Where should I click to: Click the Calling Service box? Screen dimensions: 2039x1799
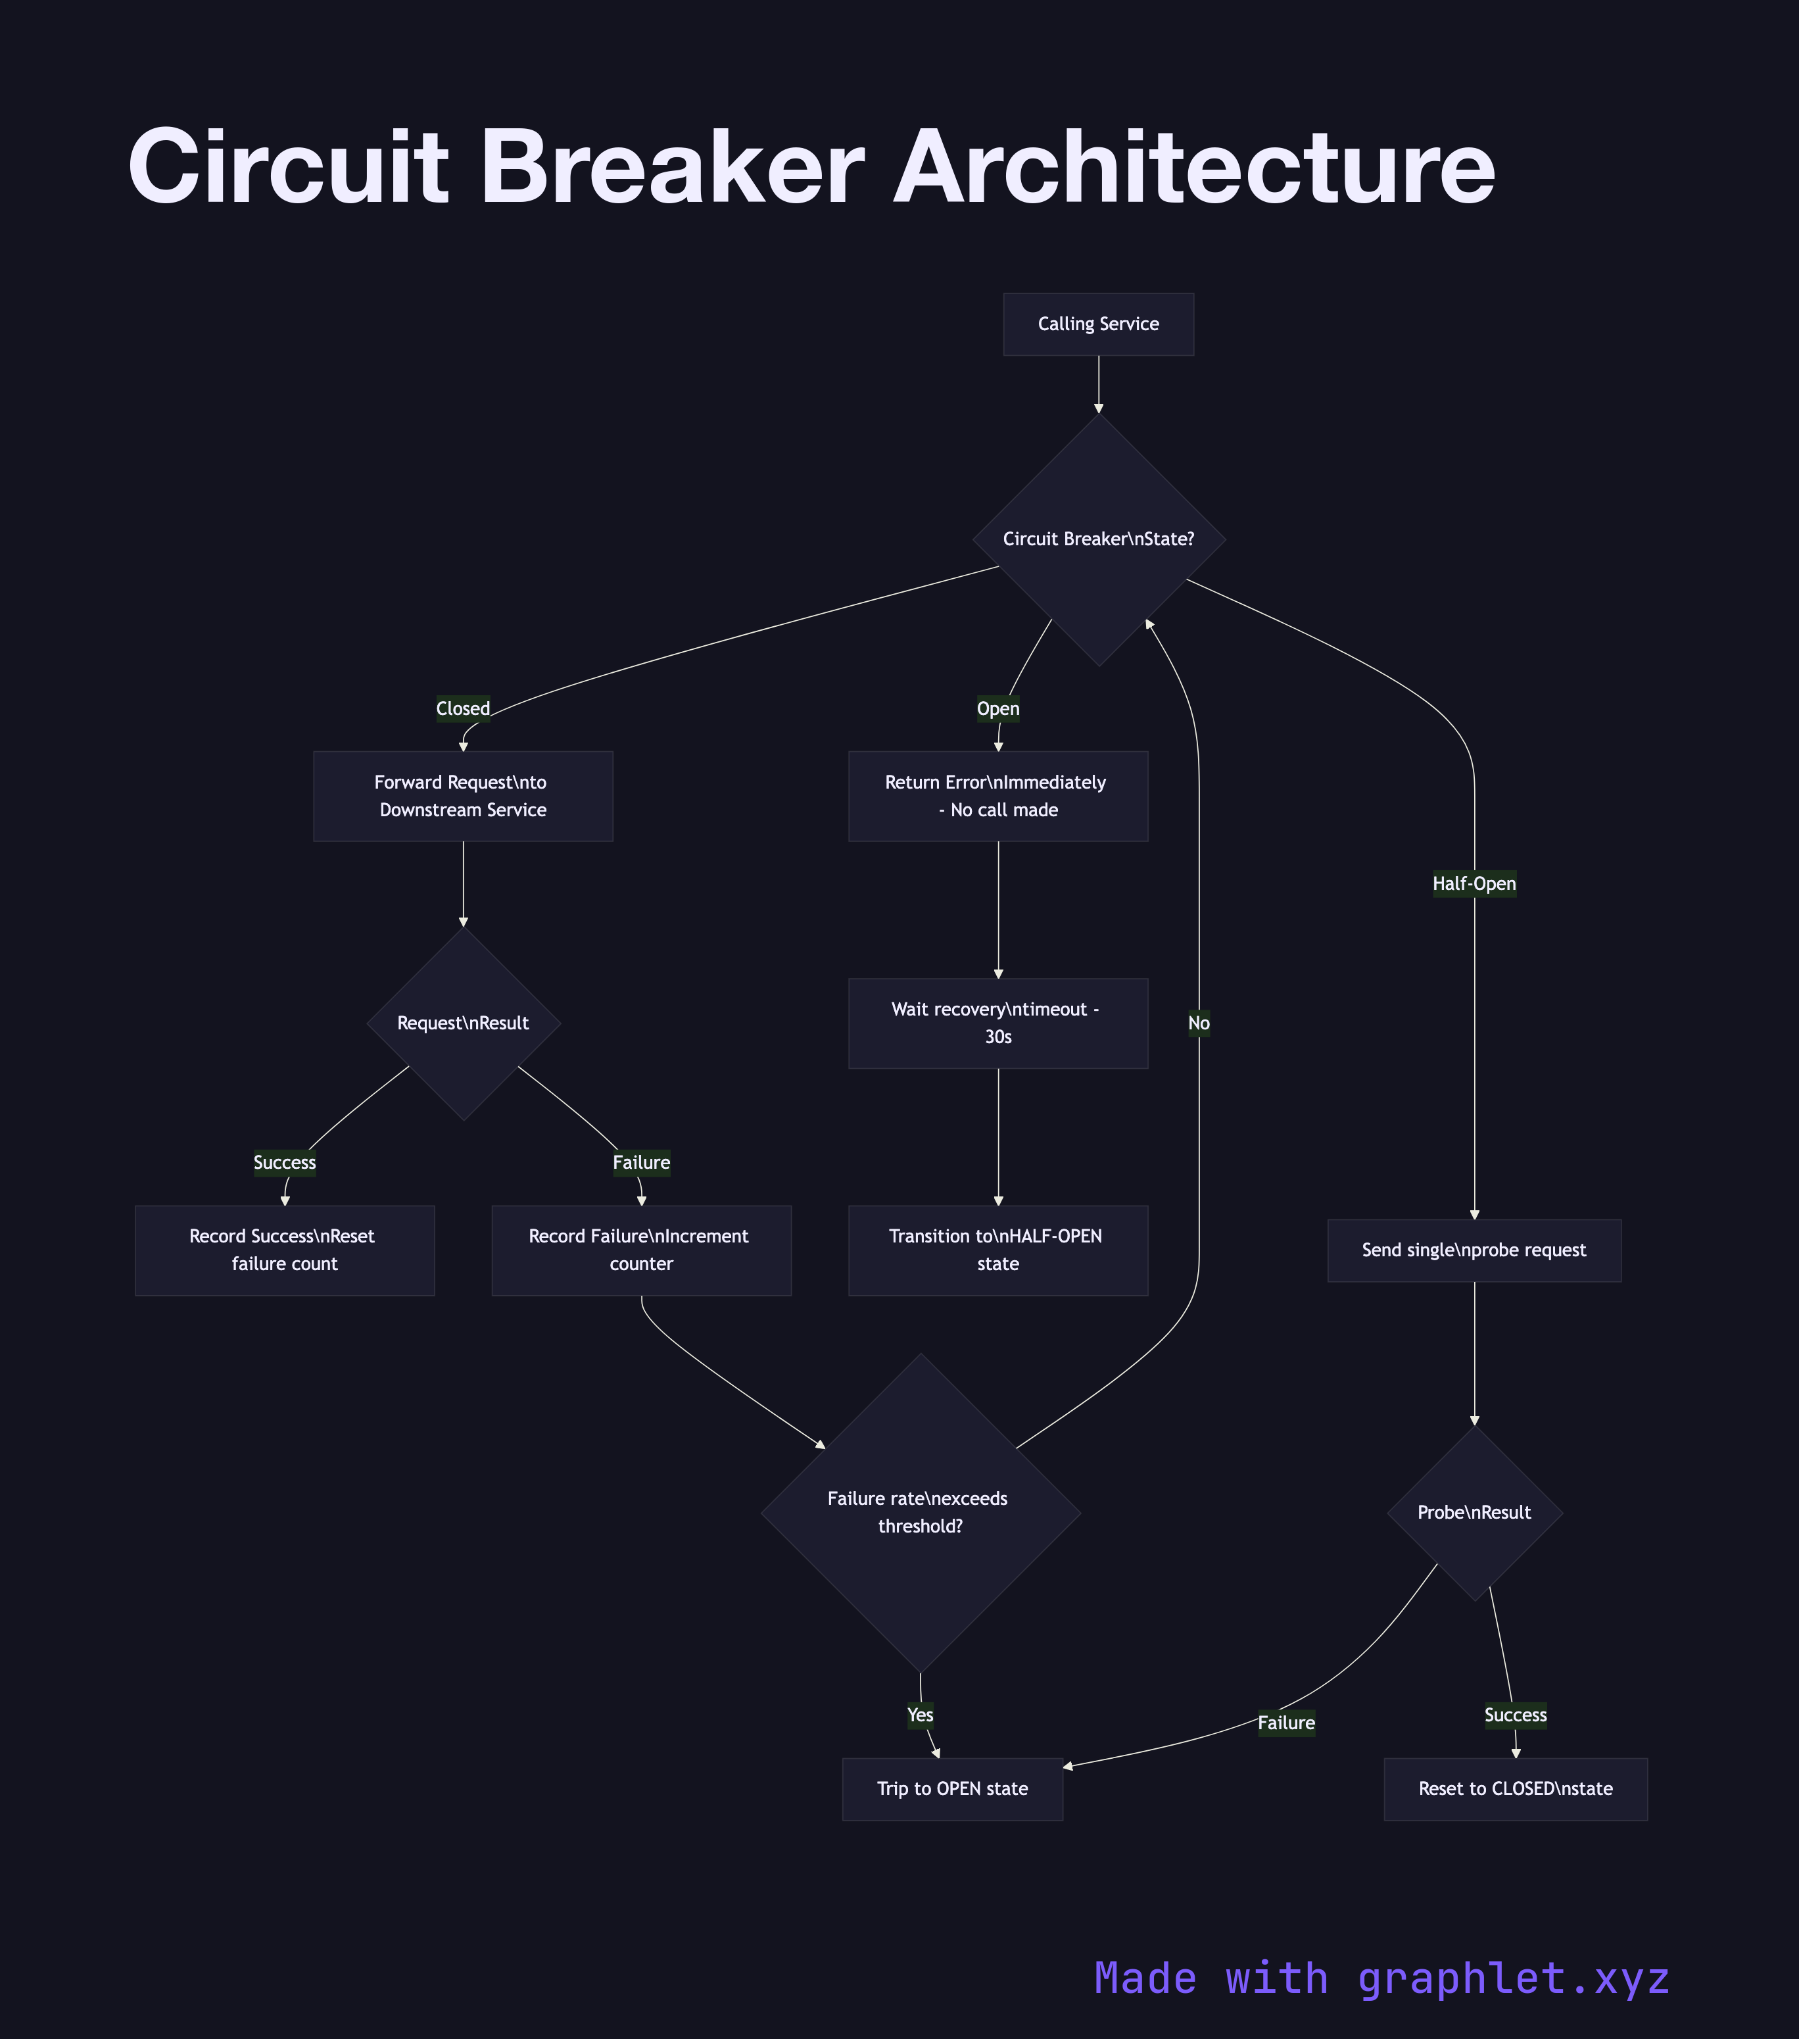(1098, 324)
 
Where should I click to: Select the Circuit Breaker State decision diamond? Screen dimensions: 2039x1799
(1098, 539)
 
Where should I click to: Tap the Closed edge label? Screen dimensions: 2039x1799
(463, 709)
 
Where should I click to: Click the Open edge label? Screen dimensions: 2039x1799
(997, 709)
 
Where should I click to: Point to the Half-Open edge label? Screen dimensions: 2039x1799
(1474, 884)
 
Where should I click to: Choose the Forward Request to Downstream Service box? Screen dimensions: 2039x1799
(463, 796)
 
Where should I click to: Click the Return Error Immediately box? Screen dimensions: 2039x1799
(997, 796)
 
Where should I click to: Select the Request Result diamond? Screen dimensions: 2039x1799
(464, 1023)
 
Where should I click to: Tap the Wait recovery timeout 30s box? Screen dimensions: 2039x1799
(997, 1023)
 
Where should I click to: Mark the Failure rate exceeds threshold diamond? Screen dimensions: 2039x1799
(919, 1512)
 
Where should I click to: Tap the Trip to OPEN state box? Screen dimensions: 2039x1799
(952, 1788)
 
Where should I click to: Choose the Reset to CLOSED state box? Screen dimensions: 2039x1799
(1515, 1788)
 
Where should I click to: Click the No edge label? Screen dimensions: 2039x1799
(1199, 1023)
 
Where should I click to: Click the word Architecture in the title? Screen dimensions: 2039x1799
(1193, 168)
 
